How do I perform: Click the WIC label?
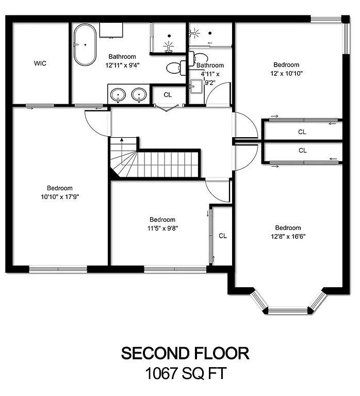[40, 63]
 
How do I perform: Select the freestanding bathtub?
[85, 45]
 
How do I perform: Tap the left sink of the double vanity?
[119, 95]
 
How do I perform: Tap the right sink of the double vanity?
[138, 95]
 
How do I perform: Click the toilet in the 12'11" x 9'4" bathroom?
[175, 67]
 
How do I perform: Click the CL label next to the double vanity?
[168, 95]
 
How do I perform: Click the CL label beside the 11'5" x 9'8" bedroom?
[223, 236]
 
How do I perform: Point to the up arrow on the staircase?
[122, 140]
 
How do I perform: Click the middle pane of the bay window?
[288, 310]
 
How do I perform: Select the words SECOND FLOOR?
[185, 353]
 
